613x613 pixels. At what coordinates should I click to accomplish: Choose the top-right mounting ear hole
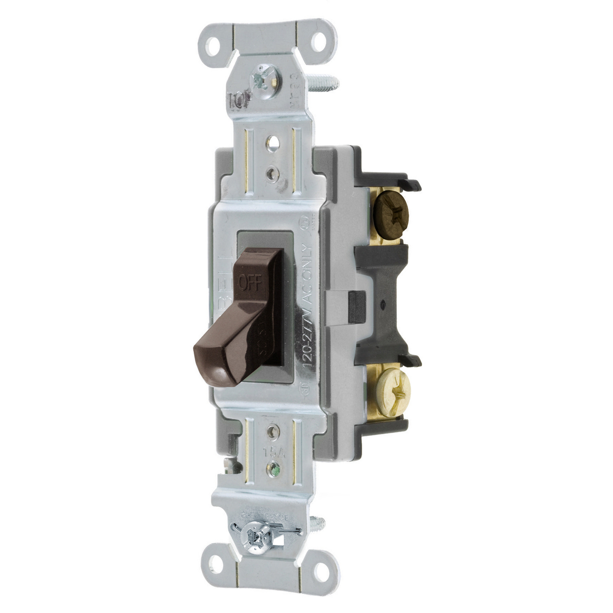pyautogui.click(x=318, y=42)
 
